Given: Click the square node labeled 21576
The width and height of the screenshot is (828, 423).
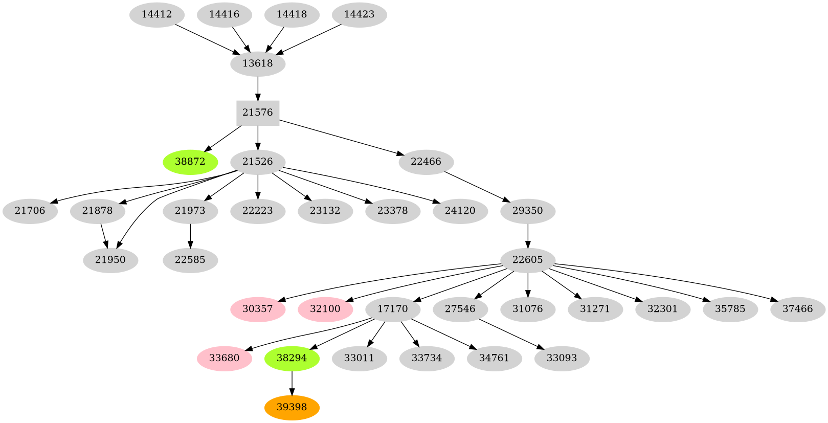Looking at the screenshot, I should coord(258,113).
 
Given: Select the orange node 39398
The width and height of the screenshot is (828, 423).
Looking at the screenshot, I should coord(292,407).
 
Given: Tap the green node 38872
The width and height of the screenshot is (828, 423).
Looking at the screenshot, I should coord(190,162).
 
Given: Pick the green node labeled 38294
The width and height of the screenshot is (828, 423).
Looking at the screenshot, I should coord(292,358).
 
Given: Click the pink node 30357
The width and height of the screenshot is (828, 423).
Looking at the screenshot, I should coord(258,309).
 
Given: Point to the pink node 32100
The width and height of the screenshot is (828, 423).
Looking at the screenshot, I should coord(325,309).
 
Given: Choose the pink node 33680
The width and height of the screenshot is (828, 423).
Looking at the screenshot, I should coord(224,358).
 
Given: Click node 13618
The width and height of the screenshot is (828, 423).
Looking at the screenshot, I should coord(258,63).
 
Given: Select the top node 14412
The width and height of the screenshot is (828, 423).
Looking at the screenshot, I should coord(156,14).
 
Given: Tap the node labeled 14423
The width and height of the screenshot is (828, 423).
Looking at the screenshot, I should coord(359,14).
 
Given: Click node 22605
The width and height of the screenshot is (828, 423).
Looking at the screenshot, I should coord(527,260).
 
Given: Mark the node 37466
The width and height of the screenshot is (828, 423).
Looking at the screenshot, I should coord(797,309).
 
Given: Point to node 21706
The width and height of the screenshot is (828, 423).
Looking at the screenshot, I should coord(30,211).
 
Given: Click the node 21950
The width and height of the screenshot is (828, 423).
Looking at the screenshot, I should coord(110,260).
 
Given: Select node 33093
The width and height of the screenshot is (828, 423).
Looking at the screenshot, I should coord(562,358).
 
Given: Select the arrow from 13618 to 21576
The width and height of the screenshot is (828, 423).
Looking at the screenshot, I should coord(258,88).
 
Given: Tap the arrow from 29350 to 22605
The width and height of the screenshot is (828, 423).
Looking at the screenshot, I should coord(527,235).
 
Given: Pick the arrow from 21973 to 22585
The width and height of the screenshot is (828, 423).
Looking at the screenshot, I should coord(190,235).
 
